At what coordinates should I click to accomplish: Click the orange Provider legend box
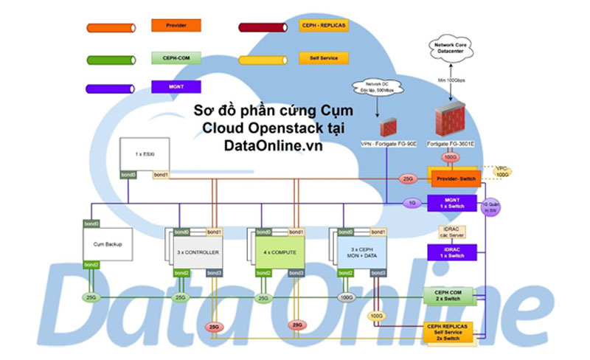pos(176,25)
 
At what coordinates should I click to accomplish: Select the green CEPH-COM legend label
pos(176,57)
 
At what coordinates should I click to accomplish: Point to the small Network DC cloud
pos(377,88)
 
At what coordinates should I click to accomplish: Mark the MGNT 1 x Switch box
pos(453,201)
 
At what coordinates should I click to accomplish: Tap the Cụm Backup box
pos(108,244)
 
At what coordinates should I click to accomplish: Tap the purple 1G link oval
pos(412,202)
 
